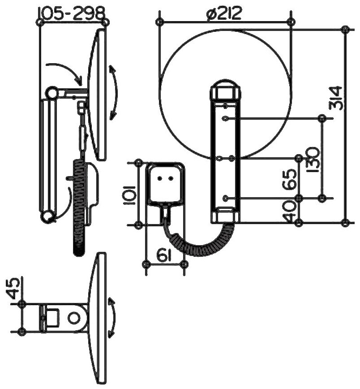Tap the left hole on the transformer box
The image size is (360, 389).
click(160, 178)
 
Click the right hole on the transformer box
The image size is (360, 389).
click(171, 178)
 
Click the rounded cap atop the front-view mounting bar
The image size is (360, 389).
click(226, 91)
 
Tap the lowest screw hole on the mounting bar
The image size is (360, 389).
click(225, 198)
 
